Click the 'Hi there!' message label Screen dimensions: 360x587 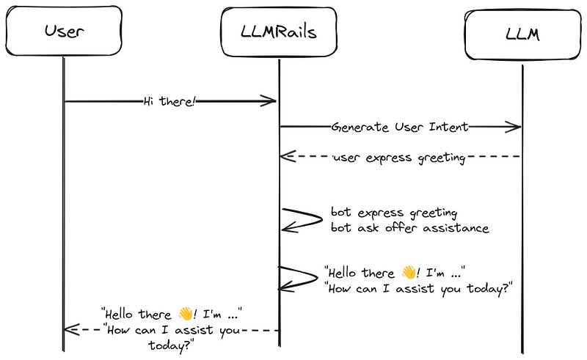pyautogui.click(x=170, y=102)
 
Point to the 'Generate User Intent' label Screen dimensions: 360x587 pyautogui.click(x=400, y=127)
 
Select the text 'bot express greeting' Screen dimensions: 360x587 pyautogui.click(x=394, y=213)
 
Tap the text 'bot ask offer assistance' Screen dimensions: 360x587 pyautogui.click(x=409, y=228)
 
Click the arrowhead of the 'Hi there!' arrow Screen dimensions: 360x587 pyautogui.click(x=271, y=102)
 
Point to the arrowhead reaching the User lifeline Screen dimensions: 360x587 pyautogui.click(x=70, y=330)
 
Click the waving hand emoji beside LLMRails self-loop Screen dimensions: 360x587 pyautogui.click(x=409, y=273)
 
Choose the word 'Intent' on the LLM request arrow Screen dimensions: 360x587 pyautogui.click(x=449, y=127)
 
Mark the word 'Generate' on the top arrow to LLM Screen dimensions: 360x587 pyautogui.click(x=357, y=127)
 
